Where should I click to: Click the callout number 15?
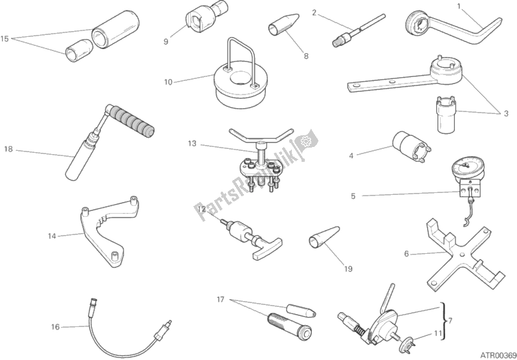click(x=5, y=39)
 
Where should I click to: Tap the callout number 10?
click(x=168, y=82)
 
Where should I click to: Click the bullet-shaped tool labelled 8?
click(x=285, y=25)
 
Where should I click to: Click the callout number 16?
click(x=56, y=327)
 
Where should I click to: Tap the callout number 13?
click(x=192, y=144)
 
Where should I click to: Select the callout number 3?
click(x=506, y=114)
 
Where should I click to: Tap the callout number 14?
click(x=52, y=236)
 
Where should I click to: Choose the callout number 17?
click(x=221, y=300)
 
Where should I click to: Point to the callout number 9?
click(x=166, y=41)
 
